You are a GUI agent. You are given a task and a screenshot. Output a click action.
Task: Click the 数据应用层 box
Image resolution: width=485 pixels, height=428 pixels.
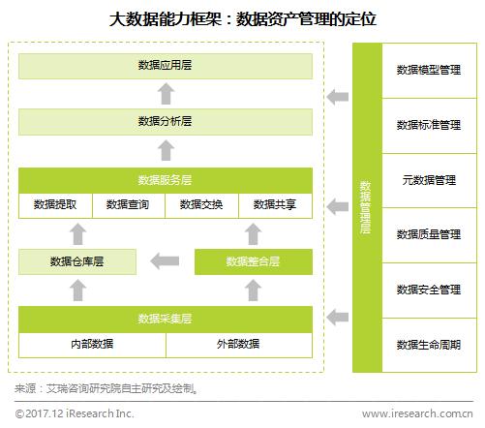(x=166, y=66)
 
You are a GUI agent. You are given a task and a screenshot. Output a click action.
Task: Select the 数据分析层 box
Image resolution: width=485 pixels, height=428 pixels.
(x=166, y=122)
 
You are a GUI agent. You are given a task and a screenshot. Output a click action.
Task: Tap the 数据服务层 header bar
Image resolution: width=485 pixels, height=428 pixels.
(x=166, y=180)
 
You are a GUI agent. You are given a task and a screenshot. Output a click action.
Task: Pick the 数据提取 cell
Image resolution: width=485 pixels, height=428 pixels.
(x=55, y=205)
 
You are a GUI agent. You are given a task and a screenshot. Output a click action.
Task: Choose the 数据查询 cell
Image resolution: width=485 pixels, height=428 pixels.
(x=129, y=205)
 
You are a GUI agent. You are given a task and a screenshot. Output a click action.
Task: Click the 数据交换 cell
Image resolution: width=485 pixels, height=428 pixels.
(x=201, y=205)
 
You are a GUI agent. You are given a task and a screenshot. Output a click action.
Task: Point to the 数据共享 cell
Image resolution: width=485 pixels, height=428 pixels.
(x=275, y=205)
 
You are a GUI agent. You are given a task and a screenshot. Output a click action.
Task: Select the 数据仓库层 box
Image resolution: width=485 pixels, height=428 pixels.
(x=77, y=261)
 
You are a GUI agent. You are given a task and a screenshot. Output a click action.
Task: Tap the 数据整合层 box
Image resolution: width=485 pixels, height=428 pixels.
(x=254, y=261)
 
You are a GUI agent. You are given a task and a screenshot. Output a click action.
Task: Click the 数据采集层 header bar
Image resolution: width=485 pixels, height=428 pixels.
(x=166, y=320)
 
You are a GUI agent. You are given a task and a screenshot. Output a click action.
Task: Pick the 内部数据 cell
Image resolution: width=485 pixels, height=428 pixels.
(x=92, y=345)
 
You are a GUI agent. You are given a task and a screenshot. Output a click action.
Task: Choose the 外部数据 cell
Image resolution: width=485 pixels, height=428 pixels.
(x=239, y=345)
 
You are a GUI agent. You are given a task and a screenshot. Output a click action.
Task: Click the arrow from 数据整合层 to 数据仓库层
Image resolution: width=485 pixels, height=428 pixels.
(x=165, y=261)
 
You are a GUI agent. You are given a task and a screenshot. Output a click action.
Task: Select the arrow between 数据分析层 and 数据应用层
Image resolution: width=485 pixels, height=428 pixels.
(x=166, y=94)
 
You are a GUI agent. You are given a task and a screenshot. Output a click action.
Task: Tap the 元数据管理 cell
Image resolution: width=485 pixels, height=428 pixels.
(x=429, y=180)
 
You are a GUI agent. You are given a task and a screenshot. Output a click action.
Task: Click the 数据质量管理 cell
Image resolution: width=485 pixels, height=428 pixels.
(x=429, y=235)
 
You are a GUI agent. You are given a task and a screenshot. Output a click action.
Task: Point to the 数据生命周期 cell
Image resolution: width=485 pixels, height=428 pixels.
(x=429, y=345)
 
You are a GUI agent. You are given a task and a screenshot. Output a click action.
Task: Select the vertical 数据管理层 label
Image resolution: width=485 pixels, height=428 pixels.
(x=365, y=207)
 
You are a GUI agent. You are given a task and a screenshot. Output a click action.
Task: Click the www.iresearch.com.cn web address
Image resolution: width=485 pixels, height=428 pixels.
(x=417, y=413)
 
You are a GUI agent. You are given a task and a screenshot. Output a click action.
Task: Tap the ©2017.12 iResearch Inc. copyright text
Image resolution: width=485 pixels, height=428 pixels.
(x=75, y=413)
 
